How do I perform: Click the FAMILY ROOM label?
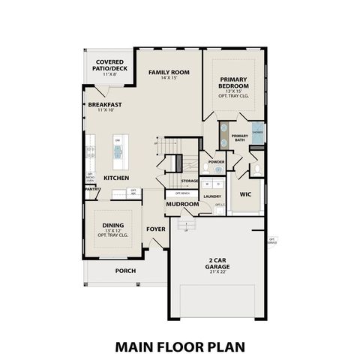coord(168,72)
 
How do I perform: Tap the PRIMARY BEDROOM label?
coord(238,82)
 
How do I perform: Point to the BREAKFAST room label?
coord(105,104)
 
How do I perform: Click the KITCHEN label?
coord(117,178)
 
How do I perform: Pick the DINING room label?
coord(113,226)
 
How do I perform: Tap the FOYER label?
coord(155,229)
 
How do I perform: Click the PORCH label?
coord(124,271)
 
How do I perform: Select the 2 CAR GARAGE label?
coord(217,263)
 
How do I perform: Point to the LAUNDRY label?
coord(212,195)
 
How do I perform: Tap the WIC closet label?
coord(244,194)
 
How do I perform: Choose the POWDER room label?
coord(216,162)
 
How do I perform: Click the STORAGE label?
coord(190,181)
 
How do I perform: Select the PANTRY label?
coord(92,190)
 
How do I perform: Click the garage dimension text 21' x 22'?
coord(217,271)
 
